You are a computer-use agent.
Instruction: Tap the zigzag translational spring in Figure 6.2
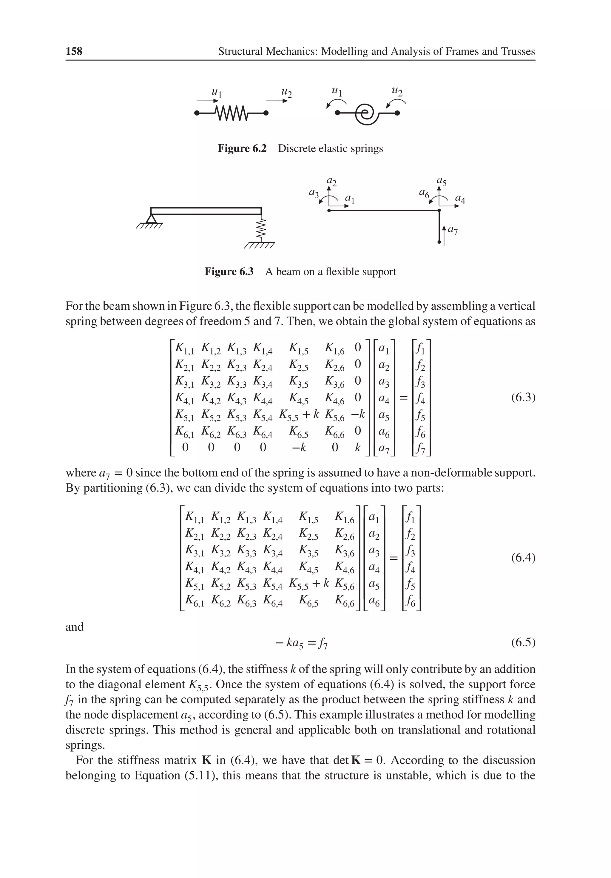click(232, 113)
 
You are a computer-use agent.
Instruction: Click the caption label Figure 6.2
click(242, 148)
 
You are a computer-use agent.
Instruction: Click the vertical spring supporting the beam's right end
click(261, 229)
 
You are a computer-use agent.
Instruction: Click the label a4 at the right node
click(460, 199)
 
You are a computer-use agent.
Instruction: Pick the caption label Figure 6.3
click(229, 271)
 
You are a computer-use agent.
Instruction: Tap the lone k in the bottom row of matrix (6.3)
click(358, 447)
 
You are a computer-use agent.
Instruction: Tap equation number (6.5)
click(523, 642)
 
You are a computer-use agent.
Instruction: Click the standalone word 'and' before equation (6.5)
click(75, 627)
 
